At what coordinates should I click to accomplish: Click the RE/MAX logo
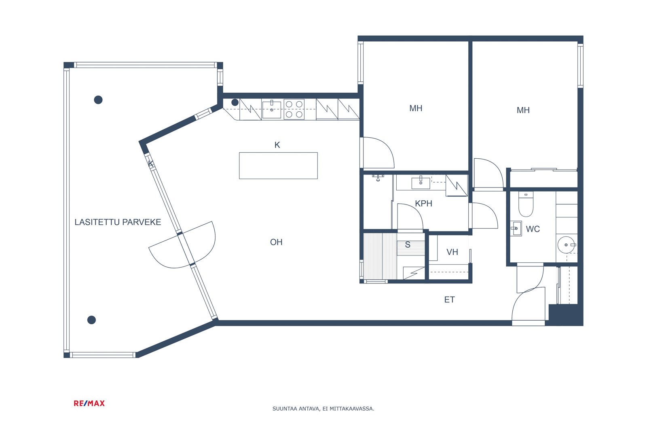click(89, 403)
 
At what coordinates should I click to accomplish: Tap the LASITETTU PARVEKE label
click(118, 222)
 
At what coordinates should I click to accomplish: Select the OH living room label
click(276, 242)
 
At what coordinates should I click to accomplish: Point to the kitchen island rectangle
click(279, 166)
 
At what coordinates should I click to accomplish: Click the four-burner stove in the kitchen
click(294, 109)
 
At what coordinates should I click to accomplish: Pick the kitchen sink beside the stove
click(271, 109)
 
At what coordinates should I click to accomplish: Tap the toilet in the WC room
click(526, 204)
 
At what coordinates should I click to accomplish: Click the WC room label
click(533, 229)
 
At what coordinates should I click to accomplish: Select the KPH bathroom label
click(423, 204)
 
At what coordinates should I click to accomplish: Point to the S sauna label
click(408, 245)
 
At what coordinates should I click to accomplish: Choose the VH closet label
click(452, 252)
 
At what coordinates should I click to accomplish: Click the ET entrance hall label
click(449, 300)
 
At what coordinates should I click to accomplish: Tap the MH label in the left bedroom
click(416, 108)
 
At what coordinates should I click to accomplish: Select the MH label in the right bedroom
click(523, 110)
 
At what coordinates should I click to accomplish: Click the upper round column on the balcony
click(98, 100)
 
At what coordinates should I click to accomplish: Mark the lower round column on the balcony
click(91, 320)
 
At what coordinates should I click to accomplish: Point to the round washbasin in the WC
click(566, 245)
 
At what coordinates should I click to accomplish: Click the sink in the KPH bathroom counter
click(421, 183)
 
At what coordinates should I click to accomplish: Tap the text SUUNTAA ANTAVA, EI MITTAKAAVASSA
click(323, 409)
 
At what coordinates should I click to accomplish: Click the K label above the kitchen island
click(277, 145)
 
